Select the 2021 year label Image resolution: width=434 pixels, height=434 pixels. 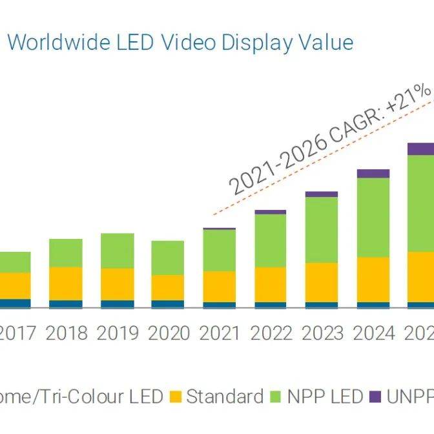coord(220,333)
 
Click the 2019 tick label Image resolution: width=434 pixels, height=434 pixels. coord(117,333)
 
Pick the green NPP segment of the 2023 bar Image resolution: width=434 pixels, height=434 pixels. coord(322,229)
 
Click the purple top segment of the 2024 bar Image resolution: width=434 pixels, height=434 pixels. coord(373,173)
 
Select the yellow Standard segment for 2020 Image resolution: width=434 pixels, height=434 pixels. coord(168,287)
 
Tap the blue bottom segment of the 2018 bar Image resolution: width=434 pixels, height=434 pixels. coord(66,304)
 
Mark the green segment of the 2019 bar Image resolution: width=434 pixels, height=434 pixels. coord(118,251)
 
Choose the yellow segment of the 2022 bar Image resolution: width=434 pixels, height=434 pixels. coord(270,284)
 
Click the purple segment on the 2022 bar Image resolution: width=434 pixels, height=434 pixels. coord(270,212)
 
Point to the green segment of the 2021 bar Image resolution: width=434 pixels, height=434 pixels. coord(220,250)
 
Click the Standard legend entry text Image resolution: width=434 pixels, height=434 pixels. coord(225,396)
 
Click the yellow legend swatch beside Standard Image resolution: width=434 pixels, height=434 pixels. coord(176,397)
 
